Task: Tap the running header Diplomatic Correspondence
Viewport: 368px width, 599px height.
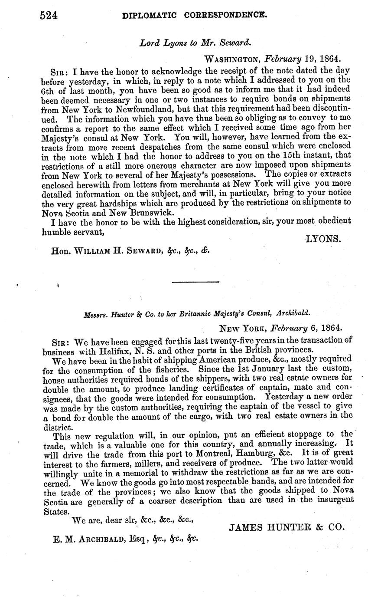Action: (x=195, y=16)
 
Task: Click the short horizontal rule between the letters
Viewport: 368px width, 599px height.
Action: (x=195, y=282)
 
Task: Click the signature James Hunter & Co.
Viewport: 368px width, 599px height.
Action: (x=287, y=527)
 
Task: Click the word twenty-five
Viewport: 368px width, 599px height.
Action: (x=208, y=340)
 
